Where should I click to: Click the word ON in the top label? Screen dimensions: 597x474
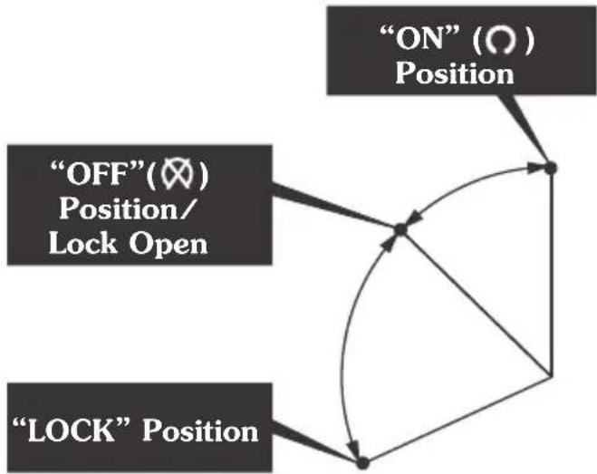419,39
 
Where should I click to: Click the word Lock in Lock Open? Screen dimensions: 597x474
82,243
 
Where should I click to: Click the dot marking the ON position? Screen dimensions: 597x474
551,168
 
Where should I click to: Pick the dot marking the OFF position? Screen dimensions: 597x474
400,229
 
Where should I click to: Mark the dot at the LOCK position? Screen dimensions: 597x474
362,462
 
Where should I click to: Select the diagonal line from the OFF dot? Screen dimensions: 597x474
476,304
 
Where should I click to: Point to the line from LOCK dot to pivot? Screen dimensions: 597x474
457,420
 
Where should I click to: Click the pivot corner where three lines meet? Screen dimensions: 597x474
552,377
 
